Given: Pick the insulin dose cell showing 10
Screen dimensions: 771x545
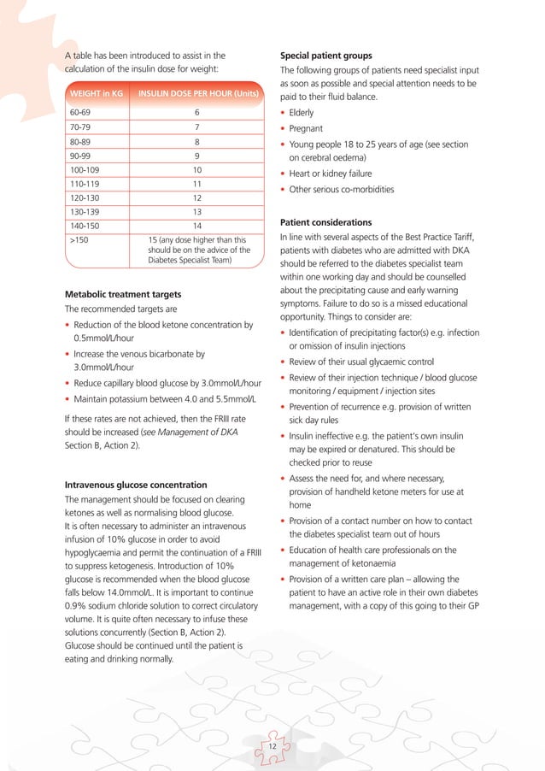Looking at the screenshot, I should coord(196,170).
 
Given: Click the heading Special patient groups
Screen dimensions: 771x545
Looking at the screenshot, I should coord(326,56).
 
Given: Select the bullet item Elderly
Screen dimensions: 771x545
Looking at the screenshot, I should coord(302,113).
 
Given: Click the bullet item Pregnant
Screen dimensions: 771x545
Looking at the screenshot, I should coord(305,128).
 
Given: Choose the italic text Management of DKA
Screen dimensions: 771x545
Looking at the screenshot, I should coord(199,433).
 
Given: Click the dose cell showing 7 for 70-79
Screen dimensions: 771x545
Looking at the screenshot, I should coord(196,127).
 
